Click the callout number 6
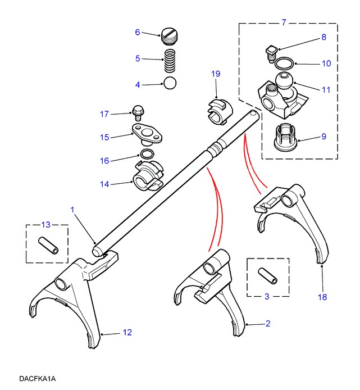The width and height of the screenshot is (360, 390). click(137, 32)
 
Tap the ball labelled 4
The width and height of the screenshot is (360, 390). click(170, 84)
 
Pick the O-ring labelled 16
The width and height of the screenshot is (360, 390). click(147, 155)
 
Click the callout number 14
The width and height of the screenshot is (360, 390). click(105, 183)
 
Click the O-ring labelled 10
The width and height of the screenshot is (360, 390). click(286, 64)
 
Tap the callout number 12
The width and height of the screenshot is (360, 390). click(127, 333)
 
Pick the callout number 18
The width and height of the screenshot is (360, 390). click(322, 297)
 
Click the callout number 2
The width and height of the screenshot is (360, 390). click(268, 323)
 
